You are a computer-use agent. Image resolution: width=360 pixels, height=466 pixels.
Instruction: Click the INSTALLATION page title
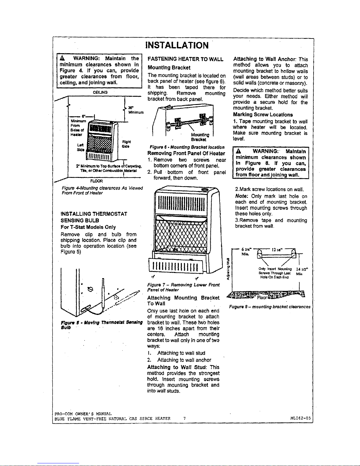(x=177, y=46)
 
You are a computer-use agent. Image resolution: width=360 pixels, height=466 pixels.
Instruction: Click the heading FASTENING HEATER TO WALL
(x=185, y=59)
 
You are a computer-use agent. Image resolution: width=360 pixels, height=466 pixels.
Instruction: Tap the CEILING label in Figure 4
(x=100, y=92)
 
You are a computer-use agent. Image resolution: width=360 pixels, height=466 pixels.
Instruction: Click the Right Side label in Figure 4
(x=126, y=144)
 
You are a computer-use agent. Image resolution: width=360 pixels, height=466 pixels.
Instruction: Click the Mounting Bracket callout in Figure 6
(x=200, y=137)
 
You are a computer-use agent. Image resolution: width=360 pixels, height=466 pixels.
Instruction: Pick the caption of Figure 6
(x=187, y=147)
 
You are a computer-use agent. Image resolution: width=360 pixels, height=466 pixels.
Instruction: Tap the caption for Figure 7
(x=183, y=287)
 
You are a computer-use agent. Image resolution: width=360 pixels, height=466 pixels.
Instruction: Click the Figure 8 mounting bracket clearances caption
(x=269, y=307)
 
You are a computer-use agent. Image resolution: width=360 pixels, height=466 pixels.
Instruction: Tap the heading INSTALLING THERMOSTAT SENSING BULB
(x=94, y=217)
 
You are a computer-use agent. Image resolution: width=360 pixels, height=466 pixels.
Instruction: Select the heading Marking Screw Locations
(x=263, y=115)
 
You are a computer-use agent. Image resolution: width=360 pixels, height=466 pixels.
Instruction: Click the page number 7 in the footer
(x=184, y=418)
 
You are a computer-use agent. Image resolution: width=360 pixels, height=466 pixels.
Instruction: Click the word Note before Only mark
(x=241, y=196)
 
